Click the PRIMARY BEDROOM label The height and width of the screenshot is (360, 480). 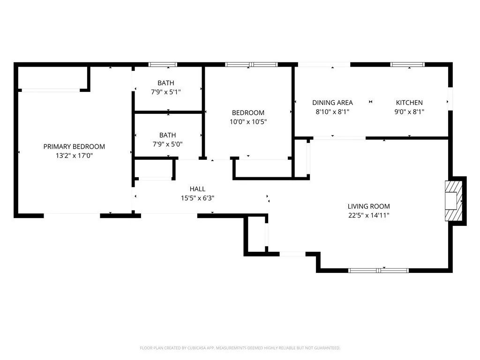(74, 146)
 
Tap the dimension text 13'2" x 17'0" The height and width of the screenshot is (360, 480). (74, 155)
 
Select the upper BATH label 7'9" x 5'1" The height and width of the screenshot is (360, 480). (166, 92)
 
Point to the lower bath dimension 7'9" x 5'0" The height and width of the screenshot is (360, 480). (166, 144)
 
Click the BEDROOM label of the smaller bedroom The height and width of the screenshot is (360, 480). (248, 112)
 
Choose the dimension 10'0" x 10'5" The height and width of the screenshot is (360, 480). (248, 121)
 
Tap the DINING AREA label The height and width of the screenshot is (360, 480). (332, 103)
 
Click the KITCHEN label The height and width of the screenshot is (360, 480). (409, 103)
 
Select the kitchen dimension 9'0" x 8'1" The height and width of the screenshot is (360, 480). (409, 112)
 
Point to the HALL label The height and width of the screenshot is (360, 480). (197, 188)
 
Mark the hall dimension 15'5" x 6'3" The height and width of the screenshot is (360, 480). (197, 197)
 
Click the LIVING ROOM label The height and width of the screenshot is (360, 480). (368, 206)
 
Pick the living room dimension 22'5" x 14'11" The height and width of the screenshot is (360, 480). (368, 215)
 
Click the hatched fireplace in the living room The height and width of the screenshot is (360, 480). (452, 201)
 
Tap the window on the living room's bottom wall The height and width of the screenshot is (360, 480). (378, 270)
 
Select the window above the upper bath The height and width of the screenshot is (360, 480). (163, 64)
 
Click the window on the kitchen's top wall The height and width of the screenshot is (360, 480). (407, 64)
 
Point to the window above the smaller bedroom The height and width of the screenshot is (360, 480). (251, 64)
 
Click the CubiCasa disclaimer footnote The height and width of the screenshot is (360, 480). (240, 348)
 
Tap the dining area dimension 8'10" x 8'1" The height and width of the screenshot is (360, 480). (332, 112)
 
